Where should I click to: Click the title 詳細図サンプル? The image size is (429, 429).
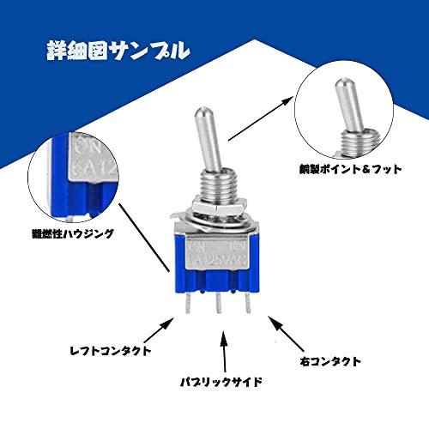click(x=117, y=50)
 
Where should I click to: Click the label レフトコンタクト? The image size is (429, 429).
click(x=112, y=350)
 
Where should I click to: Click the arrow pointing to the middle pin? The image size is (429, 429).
click(x=225, y=353)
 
